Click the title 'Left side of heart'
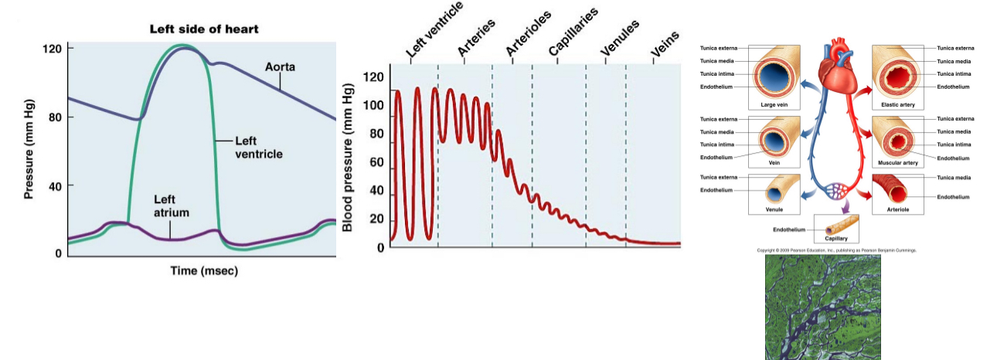203,29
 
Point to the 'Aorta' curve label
280,67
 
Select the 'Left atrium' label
172,205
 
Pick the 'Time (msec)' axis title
203,271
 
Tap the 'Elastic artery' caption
897,104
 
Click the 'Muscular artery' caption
897,164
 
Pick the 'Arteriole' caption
897,209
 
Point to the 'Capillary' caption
836,239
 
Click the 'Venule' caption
774,209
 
